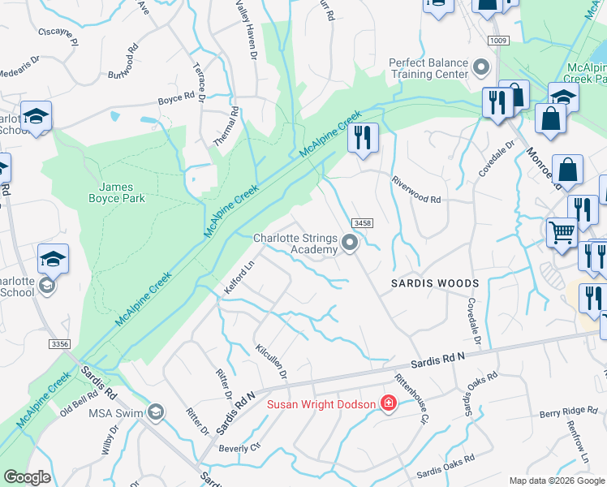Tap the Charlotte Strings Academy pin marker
pyautogui.click(x=350, y=243)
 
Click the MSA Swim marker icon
pyautogui.click(x=156, y=414)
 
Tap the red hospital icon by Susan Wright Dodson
pyautogui.click(x=388, y=403)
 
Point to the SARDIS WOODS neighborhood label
pyautogui.click(x=435, y=283)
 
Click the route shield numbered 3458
pyautogui.click(x=362, y=222)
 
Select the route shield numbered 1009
pyautogui.click(x=498, y=41)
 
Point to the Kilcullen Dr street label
pyautogui.click(x=272, y=362)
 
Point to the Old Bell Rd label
pyautogui.click(x=79, y=403)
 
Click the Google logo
pyautogui.click(x=27, y=477)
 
